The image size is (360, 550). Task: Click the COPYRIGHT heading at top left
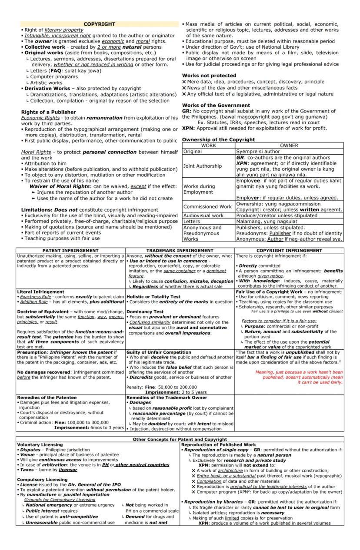[x=99, y=24]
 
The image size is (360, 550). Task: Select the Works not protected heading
[x=209, y=76]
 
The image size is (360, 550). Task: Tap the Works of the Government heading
[x=216, y=106]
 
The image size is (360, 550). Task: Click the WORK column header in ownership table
[x=208, y=146]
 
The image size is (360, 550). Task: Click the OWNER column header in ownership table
[x=289, y=146]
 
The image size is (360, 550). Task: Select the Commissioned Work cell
[x=207, y=206]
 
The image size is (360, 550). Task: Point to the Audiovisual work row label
[x=203, y=215]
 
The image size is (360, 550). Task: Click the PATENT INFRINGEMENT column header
[x=70, y=251]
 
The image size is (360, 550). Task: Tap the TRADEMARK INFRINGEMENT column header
[x=180, y=251]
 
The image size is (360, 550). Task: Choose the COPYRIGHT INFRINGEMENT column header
[x=289, y=251]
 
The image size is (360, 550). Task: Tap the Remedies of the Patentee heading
[x=47, y=398]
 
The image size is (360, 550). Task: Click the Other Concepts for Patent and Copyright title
[x=180, y=439]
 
